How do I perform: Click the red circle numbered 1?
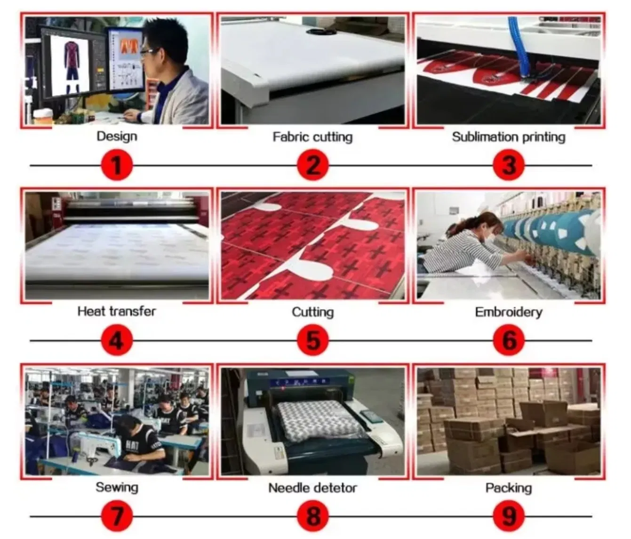(x=117, y=166)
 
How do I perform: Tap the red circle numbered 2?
(x=313, y=166)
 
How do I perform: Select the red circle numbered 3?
(x=509, y=166)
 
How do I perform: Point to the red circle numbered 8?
(x=313, y=516)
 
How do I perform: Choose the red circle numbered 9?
(x=509, y=516)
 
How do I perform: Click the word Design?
(x=117, y=137)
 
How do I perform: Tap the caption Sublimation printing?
(x=509, y=137)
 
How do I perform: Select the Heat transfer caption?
(x=117, y=312)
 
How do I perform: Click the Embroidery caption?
(x=509, y=313)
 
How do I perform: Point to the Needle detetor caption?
(x=312, y=488)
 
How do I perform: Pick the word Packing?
(x=509, y=488)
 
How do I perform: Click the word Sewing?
(x=117, y=488)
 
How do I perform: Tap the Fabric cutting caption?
(x=312, y=137)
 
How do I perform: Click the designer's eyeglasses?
(x=149, y=52)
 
